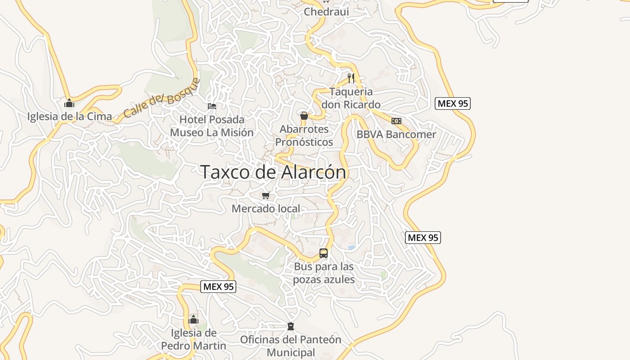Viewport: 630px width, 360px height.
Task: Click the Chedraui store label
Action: pos(326,12)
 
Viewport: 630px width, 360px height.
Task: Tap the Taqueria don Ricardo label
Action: pos(351,98)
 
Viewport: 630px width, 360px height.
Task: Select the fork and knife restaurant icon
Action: pos(351,78)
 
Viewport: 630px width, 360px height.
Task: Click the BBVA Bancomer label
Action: pos(396,134)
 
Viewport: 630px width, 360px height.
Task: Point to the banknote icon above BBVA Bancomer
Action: pos(396,121)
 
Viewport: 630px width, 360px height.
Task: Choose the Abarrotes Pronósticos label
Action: pos(304,135)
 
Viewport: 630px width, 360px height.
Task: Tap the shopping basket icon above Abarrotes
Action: pos(304,116)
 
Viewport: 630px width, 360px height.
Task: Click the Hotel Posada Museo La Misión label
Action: pos(212,126)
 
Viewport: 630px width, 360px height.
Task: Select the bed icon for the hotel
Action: pos(212,106)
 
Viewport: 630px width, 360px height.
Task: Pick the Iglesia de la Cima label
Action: pos(69,117)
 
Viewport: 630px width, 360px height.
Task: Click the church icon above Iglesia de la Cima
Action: pos(69,103)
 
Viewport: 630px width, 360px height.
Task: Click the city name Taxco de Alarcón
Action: pos(273,172)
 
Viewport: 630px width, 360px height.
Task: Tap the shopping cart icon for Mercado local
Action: pos(266,195)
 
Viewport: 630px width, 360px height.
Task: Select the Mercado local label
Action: pos(266,209)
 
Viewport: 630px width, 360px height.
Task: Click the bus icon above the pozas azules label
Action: pos(324,253)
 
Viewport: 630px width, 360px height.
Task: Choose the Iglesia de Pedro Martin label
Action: pos(193,339)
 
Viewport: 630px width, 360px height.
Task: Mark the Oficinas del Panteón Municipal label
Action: pos(291,346)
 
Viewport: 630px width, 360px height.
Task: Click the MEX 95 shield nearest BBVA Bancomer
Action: pos(453,103)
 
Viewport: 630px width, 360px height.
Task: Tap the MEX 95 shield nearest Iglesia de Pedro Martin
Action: pos(218,287)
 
